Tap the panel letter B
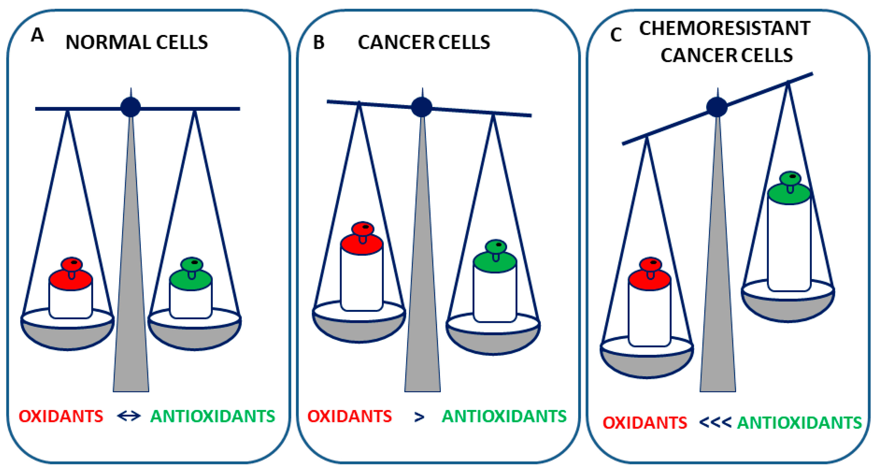(319, 43)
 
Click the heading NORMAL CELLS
(136, 43)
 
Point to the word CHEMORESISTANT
(724, 28)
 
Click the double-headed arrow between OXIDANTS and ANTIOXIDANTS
(129, 416)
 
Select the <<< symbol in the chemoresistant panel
(715, 423)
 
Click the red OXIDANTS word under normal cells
(61, 416)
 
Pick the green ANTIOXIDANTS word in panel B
(504, 416)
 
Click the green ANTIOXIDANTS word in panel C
(799, 423)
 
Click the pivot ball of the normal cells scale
(130, 107)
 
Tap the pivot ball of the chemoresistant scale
(717, 107)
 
